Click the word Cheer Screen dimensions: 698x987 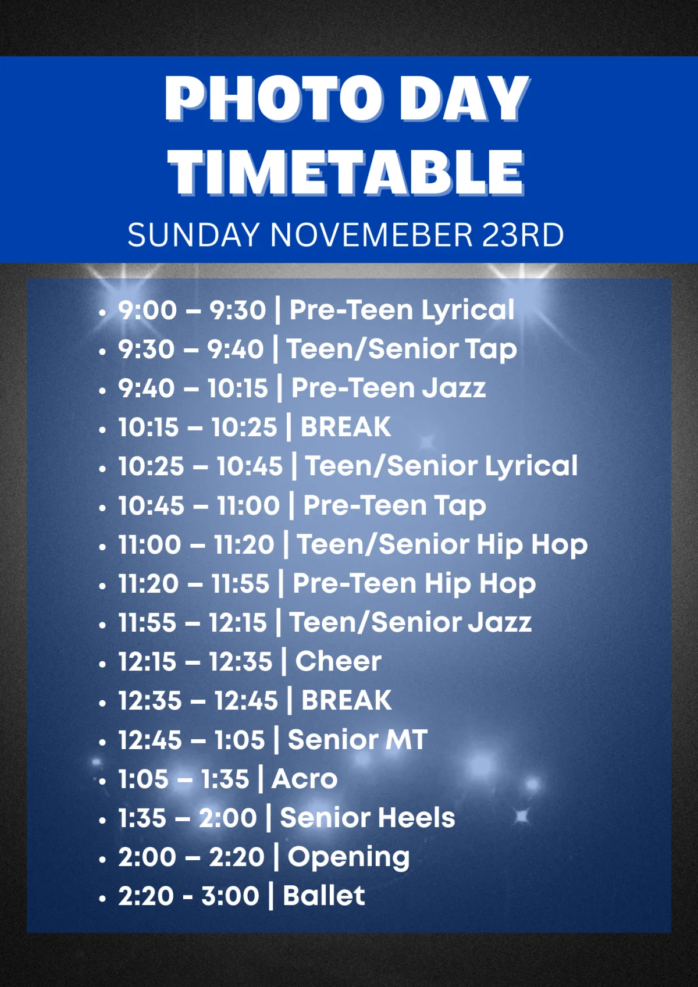pos(338,661)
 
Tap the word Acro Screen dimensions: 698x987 pos(304,779)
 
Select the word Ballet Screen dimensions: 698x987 pos(324,896)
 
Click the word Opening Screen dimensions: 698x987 pos(348,858)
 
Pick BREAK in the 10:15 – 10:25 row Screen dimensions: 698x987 pos(346,426)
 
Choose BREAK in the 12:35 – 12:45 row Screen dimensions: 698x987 pos(346,700)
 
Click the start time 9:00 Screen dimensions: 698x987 pos(147,310)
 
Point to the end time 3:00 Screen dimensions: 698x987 pos(230,896)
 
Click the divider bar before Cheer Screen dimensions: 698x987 pos(284,661)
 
